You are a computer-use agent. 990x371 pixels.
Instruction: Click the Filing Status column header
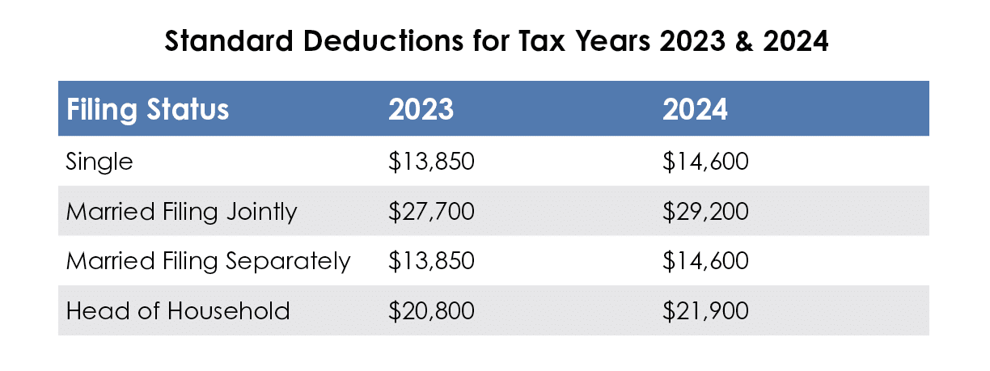pos(147,109)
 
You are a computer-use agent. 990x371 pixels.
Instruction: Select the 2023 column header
pos(421,109)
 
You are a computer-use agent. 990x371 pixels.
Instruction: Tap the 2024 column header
pos(695,109)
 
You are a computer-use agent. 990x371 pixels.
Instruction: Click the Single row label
pos(99,162)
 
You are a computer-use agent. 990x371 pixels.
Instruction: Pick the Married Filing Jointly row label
pos(181,212)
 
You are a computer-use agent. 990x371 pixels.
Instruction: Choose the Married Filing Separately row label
pos(208,261)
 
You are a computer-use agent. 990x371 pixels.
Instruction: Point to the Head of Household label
pos(177,310)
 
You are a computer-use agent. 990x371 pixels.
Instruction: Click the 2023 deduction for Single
pos(430,162)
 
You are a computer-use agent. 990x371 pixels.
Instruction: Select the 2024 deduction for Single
pos(705,162)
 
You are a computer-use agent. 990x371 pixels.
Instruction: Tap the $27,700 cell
pos(430,212)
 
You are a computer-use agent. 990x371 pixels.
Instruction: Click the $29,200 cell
pos(705,212)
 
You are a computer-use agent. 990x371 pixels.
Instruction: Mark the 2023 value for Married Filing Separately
pos(430,261)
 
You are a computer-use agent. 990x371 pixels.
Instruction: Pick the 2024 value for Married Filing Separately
pos(705,261)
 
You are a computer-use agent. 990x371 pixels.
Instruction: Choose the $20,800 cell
pos(430,310)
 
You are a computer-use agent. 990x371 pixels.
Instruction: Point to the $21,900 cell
pos(705,310)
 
